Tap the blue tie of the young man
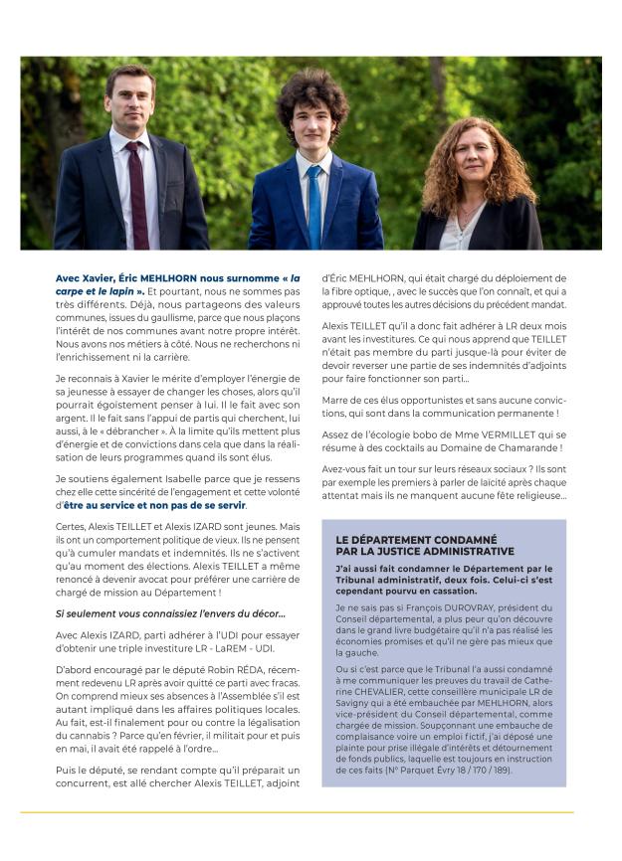tap(314, 204)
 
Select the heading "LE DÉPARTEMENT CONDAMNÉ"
tap(407, 540)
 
